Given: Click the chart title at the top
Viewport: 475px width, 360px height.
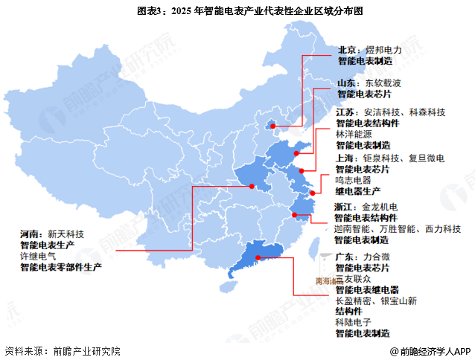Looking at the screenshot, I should click(x=238, y=10).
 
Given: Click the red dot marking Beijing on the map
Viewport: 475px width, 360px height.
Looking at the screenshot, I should click(x=273, y=126).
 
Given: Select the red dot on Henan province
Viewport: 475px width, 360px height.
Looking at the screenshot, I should click(x=252, y=187).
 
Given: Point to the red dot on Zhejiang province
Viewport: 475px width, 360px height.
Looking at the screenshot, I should click(x=295, y=217).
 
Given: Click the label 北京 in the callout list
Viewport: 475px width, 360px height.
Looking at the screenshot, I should click(x=348, y=50).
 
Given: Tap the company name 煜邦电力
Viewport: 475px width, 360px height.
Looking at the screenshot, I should click(x=384, y=50).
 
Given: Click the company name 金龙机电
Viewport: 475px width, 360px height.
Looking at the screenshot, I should click(x=381, y=206).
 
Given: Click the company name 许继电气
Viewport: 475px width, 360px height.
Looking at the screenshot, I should click(x=37, y=255).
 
